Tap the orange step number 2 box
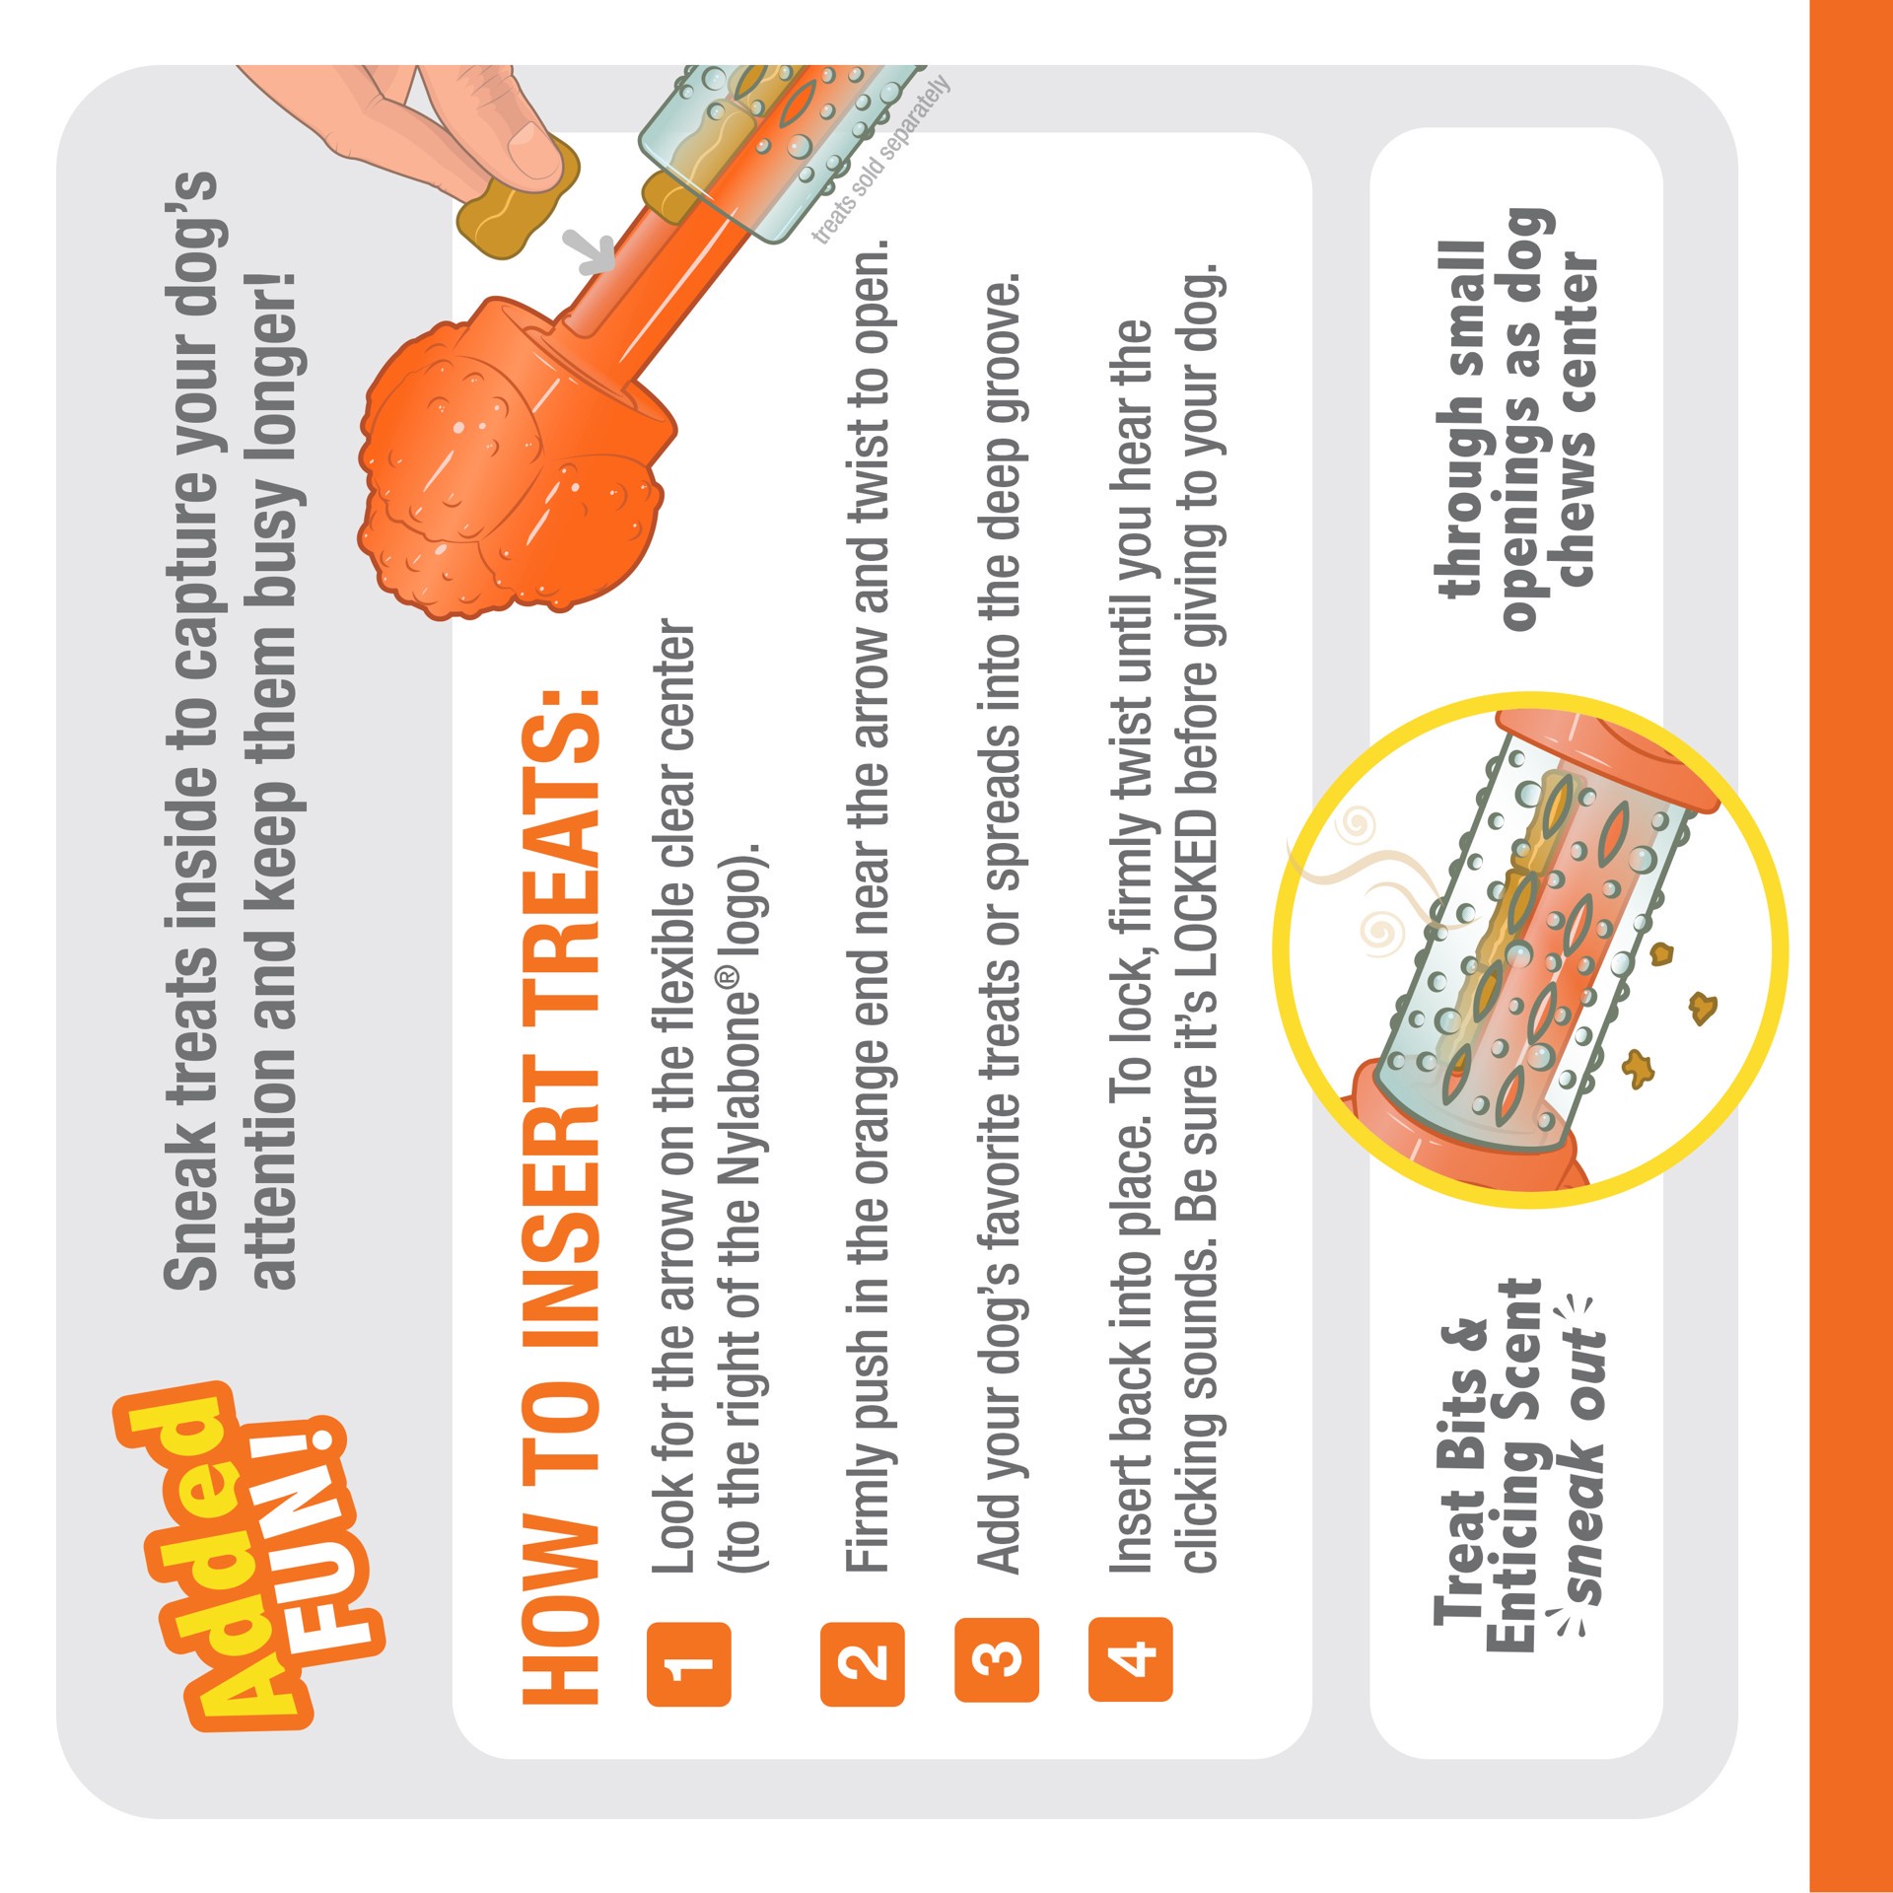click(862, 1664)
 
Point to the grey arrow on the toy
click(593, 252)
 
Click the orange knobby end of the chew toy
click(503, 463)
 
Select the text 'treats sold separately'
click(880, 158)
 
